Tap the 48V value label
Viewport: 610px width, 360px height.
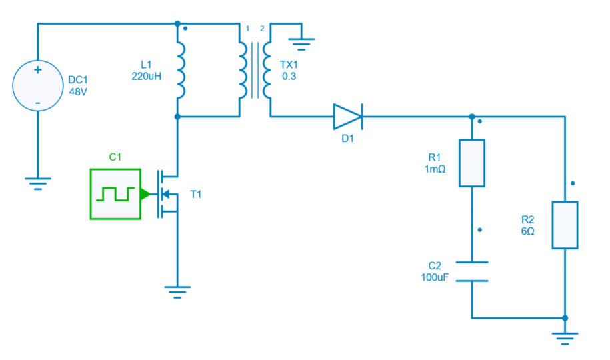click(78, 93)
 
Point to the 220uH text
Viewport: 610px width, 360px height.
click(147, 76)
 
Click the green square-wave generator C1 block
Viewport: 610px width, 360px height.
click(115, 194)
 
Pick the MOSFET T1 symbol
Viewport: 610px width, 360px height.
click(167, 194)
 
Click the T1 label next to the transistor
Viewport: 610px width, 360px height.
click(195, 195)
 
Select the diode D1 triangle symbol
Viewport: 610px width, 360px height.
click(347, 117)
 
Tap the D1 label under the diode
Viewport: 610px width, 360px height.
click(347, 139)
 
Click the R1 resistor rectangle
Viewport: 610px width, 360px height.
click(472, 163)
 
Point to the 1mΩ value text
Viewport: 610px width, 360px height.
click(434, 169)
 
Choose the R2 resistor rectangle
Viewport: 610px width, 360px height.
click(565, 225)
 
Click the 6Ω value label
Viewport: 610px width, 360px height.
click(527, 231)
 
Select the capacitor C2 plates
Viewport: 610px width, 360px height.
click(472, 271)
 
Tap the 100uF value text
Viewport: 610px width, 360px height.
click(435, 277)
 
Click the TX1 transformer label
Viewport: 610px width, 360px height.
click(289, 65)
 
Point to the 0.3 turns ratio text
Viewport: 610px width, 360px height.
click(289, 77)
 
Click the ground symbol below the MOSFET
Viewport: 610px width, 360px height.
click(177, 292)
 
